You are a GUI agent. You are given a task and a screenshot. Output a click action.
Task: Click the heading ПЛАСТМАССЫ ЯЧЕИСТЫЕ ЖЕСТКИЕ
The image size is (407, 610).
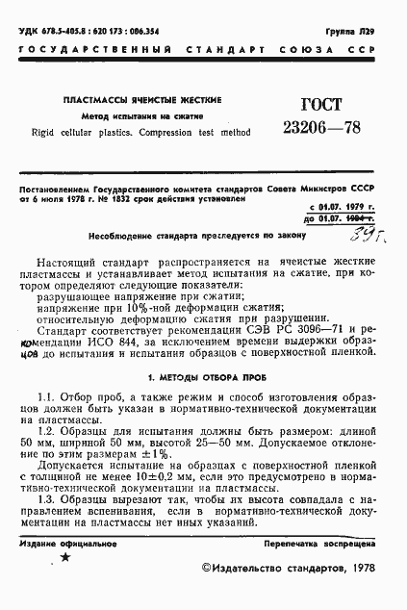[x=141, y=100]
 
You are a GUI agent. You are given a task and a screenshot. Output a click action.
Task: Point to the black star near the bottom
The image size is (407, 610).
[x=64, y=557]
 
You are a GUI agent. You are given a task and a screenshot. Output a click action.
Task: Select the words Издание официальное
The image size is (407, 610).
[x=64, y=543]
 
